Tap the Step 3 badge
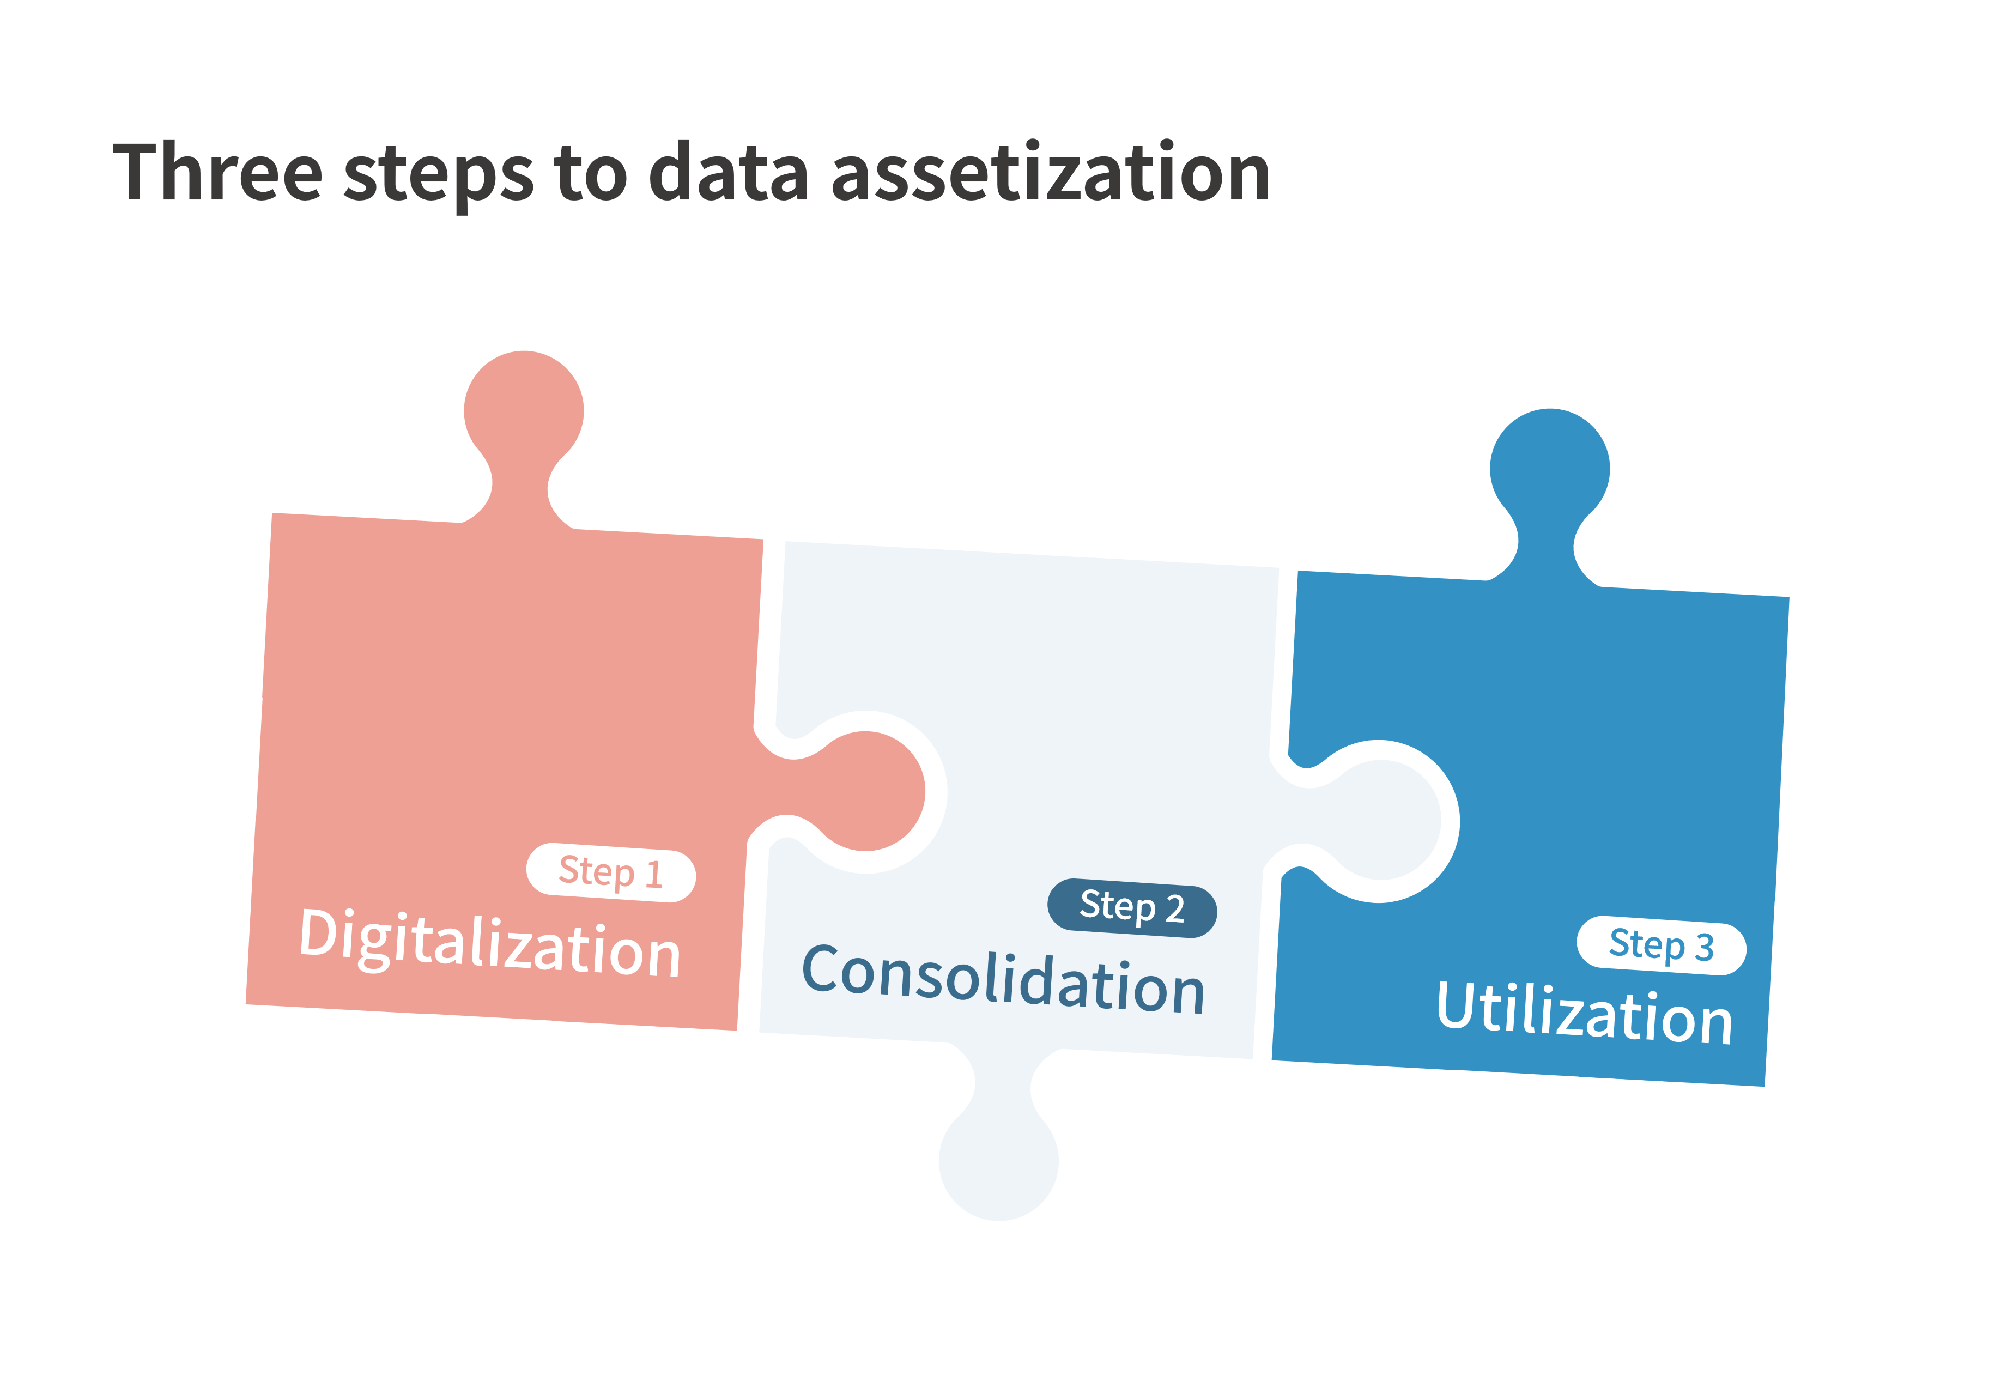(1661, 945)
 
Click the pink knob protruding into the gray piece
(857, 791)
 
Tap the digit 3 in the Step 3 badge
(1705, 948)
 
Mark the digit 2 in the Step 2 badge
(1175, 910)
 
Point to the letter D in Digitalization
(318, 932)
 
